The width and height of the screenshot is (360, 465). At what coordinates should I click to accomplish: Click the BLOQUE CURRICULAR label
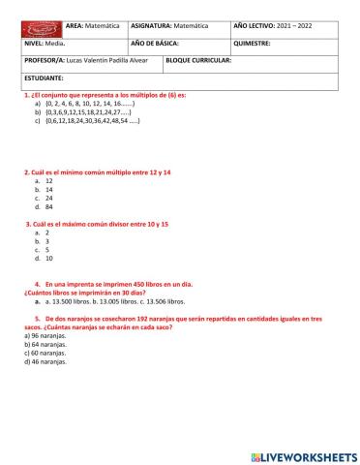[199, 60]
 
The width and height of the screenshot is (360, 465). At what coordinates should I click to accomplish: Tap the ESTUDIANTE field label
[45, 77]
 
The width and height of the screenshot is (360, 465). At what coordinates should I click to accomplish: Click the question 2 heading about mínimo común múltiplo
[97, 172]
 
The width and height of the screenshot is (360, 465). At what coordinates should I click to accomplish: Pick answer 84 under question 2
[48, 206]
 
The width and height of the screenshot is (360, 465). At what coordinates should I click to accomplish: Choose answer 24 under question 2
[48, 198]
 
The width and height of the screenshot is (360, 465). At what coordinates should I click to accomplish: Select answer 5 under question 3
[47, 250]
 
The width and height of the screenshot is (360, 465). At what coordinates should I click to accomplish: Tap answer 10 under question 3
[48, 259]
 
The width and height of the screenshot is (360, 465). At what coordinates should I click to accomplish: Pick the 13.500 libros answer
[76, 300]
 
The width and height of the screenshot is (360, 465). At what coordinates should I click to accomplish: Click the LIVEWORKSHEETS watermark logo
[303, 455]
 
